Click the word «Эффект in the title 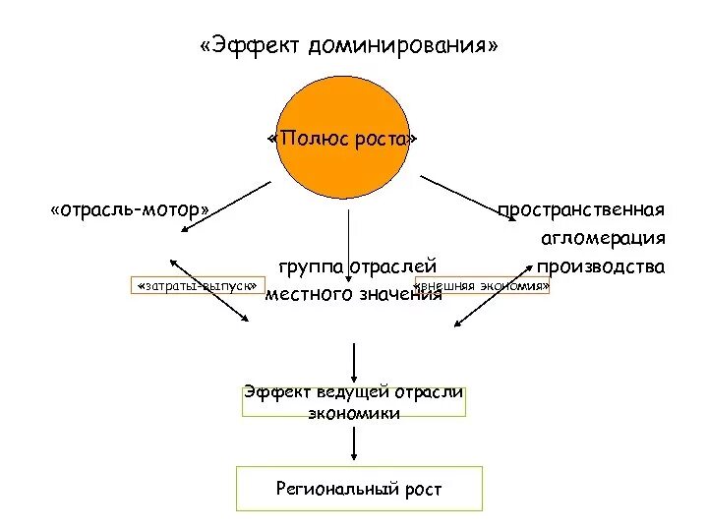point(250,46)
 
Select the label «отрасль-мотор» point(130,209)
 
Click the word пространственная point(580,209)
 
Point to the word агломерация point(603,238)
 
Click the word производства point(600,266)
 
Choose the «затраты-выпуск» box point(198,286)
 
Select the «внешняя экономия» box point(484,286)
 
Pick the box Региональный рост point(359,489)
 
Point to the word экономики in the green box point(354,414)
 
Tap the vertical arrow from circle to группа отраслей point(348,226)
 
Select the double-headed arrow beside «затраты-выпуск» point(208,292)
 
